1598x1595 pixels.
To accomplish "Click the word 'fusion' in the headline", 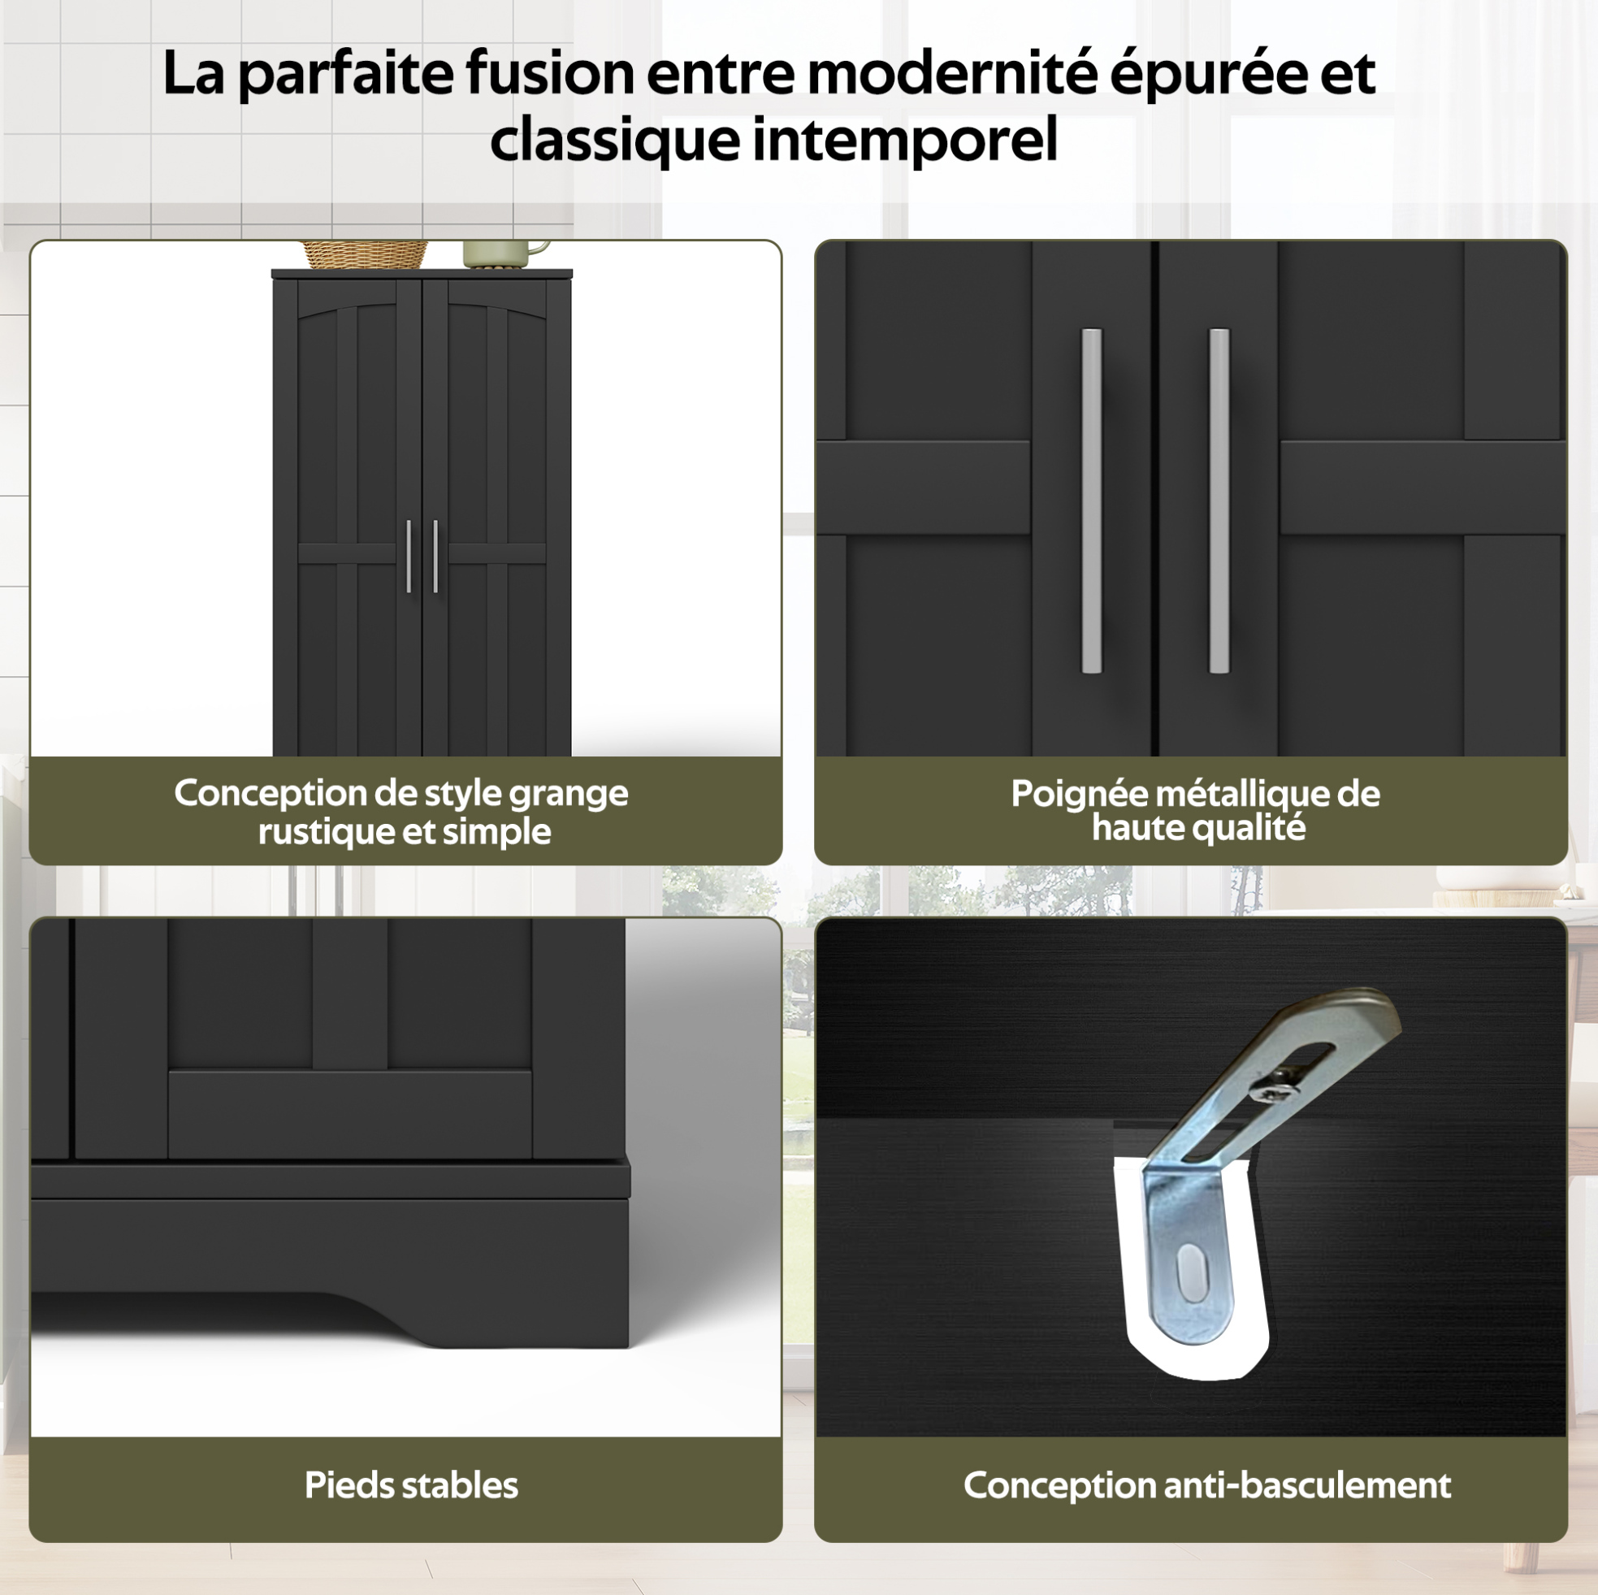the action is coord(550,73).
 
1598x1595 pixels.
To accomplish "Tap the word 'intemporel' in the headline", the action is coord(905,139).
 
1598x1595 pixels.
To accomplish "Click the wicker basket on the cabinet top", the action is coord(364,254).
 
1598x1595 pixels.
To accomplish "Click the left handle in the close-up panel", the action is coord(1092,501).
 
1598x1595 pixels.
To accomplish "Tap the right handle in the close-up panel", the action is coord(1219,501).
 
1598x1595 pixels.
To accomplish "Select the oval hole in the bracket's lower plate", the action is coord(1191,1272).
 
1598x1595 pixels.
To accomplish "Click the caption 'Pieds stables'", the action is coord(411,1485).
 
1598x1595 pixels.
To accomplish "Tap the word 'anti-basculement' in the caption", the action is coord(1308,1485).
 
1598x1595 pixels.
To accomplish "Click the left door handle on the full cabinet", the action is coord(409,557).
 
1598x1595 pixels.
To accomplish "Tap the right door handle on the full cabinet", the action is coord(436,557).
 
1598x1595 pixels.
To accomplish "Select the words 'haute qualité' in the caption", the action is coord(1198,828).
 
